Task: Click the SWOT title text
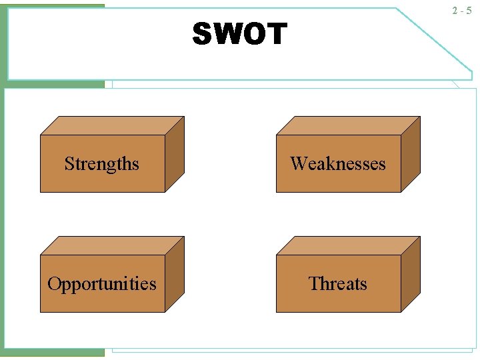point(239,34)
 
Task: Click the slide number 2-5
point(461,11)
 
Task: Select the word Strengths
point(102,164)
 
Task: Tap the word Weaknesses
point(338,164)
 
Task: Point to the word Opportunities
point(102,284)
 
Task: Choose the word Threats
point(338,284)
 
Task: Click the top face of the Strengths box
point(112,126)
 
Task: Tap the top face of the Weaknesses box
point(348,126)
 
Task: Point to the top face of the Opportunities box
point(112,246)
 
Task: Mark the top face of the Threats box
point(348,246)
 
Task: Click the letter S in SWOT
point(202,34)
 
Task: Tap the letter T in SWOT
point(277,34)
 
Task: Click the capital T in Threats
point(314,283)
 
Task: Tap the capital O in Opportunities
point(54,283)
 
